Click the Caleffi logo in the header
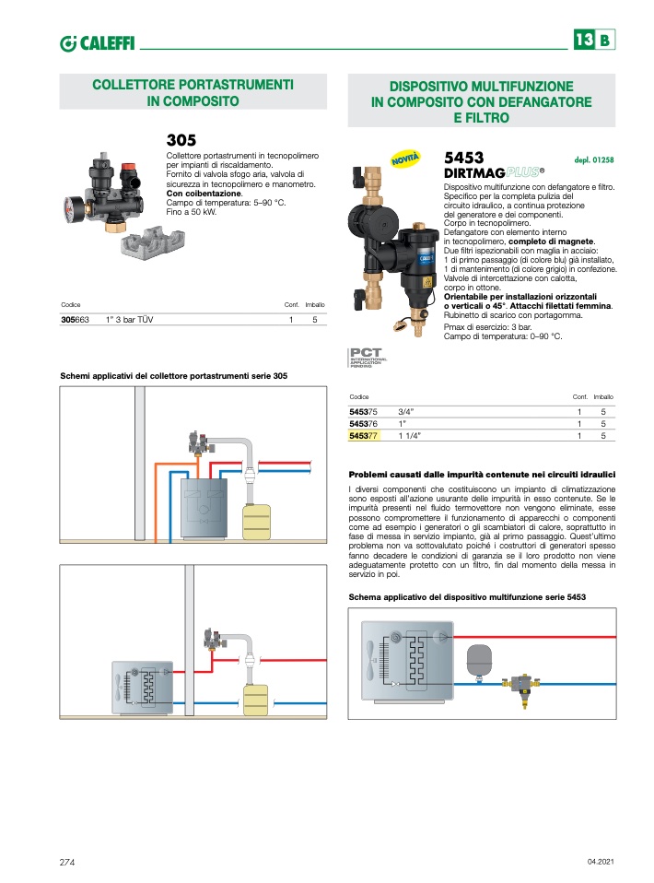click(x=98, y=41)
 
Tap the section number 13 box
click(x=583, y=41)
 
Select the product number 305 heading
click(x=181, y=140)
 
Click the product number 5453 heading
click(x=464, y=158)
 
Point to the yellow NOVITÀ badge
click(x=405, y=159)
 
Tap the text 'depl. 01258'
click(x=593, y=159)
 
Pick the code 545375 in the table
click(x=364, y=411)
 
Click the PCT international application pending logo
click(x=367, y=357)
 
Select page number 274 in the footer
click(x=67, y=861)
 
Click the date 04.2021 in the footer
click(x=599, y=861)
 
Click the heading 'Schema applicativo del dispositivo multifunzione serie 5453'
click(x=468, y=597)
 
